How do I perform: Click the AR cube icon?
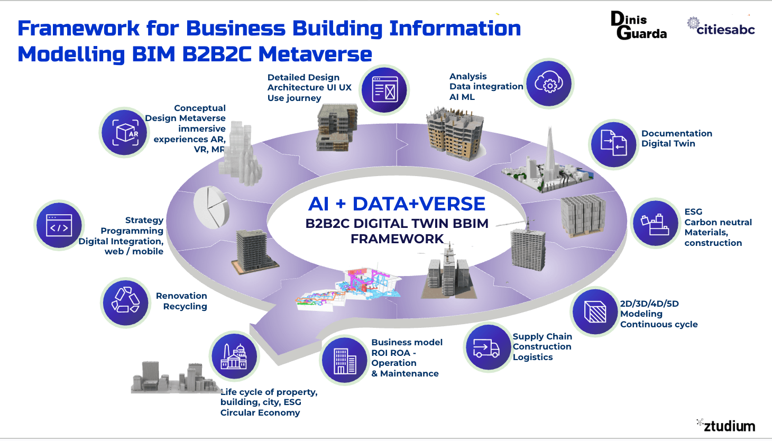coord(125,133)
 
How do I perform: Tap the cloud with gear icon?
coord(549,84)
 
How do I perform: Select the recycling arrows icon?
coord(125,302)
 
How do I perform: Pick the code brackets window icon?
coord(59,225)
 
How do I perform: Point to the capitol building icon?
coord(234,356)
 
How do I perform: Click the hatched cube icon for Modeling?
coord(595,312)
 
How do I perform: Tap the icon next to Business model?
coord(345,361)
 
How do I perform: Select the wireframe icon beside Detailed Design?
coord(384,90)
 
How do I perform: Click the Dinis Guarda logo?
coord(638,26)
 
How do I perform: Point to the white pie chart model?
coord(211,206)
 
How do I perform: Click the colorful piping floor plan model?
coord(349,288)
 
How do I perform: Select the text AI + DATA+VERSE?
coord(397,204)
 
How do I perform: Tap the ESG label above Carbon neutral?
coord(693,212)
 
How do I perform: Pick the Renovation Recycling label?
coord(181,301)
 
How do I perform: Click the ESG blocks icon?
coord(655,224)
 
